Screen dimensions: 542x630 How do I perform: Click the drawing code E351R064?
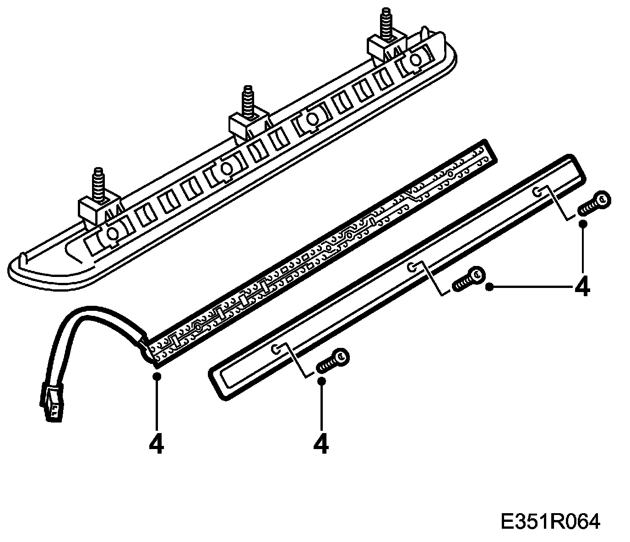click(x=550, y=521)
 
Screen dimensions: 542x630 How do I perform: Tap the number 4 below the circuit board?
click(x=156, y=443)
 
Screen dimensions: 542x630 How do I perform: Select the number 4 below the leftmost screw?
click(x=322, y=443)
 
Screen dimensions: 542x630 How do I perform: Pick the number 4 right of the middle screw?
click(x=581, y=287)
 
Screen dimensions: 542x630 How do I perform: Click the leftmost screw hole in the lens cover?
click(x=276, y=349)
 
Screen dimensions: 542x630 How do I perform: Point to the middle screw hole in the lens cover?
click(x=413, y=267)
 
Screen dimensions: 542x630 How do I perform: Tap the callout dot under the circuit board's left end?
click(x=157, y=376)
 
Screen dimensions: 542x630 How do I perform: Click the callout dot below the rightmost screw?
click(x=583, y=224)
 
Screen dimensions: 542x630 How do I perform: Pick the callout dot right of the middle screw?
click(x=489, y=287)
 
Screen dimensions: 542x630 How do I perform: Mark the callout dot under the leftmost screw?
click(x=322, y=381)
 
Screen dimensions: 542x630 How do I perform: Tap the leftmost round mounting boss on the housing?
click(x=111, y=233)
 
